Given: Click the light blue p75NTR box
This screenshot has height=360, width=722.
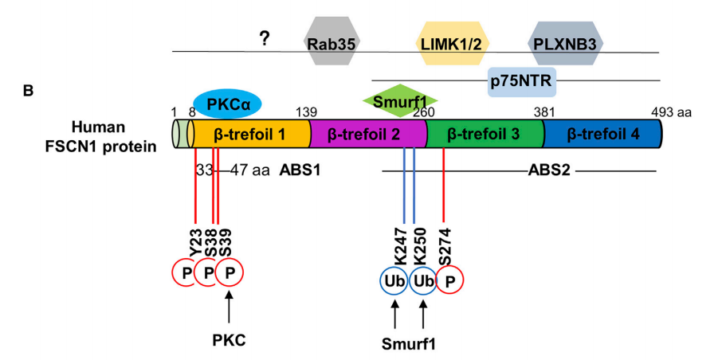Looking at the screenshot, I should tap(522, 80).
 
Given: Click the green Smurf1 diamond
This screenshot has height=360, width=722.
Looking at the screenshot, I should tap(400, 101).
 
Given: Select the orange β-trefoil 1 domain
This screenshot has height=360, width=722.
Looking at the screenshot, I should tap(250, 135).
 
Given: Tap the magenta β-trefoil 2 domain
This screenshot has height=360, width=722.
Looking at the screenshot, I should tap(364, 135).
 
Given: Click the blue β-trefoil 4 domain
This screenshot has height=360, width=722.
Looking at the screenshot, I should tap(602, 135).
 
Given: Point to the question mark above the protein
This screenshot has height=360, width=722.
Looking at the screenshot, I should tap(262, 37).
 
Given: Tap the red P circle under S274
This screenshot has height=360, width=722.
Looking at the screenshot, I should tap(449, 281).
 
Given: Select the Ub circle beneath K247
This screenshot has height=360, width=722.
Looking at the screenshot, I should tap(394, 281).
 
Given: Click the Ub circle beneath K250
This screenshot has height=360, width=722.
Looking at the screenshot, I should tap(422, 281).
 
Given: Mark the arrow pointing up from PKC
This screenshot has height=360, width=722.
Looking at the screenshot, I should tap(230, 307).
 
